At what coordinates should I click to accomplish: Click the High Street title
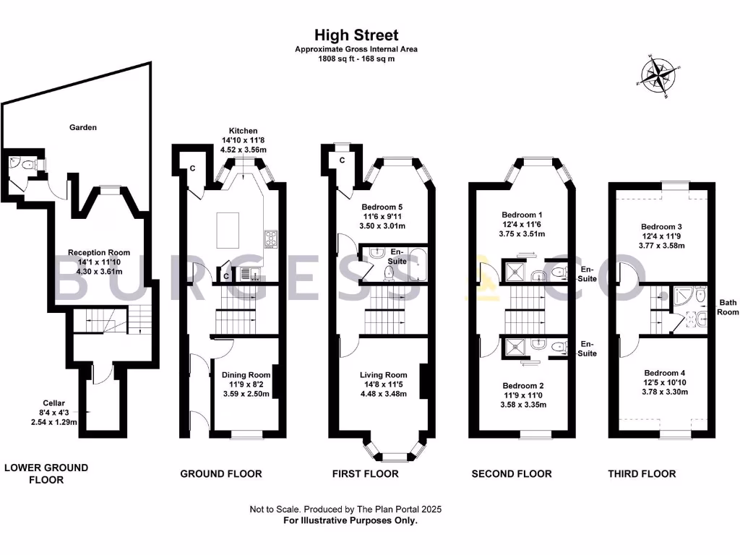[356, 35]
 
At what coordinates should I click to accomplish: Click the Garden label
[83, 127]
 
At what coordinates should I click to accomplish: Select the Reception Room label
[99, 252]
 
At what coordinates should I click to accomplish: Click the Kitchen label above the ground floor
[243, 131]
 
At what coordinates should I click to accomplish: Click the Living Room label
[384, 375]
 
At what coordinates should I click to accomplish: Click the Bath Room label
[728, 307]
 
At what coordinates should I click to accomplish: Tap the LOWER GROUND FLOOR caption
[46, 473]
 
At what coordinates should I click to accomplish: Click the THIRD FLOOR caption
[642, 474]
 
